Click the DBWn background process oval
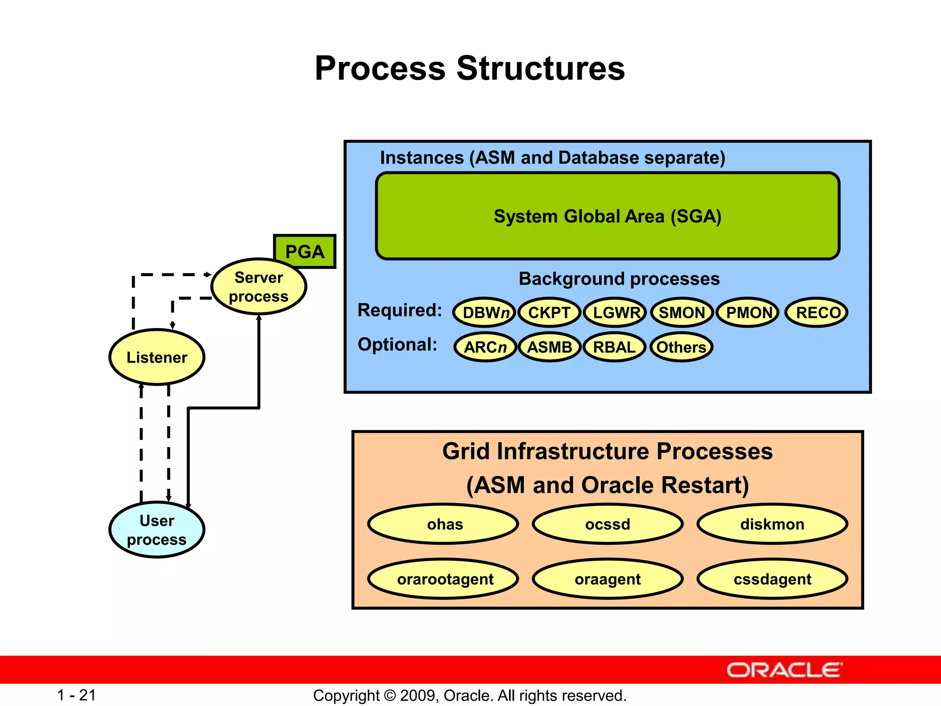484,313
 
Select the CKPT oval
549,313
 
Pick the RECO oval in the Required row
817,313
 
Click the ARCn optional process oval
485,347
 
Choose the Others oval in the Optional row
681,347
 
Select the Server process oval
259,287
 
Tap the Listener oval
157,357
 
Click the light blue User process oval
157,530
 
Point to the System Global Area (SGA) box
607,216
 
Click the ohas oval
444,524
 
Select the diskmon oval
772,524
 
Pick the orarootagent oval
444,579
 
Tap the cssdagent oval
772,579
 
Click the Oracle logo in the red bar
784,670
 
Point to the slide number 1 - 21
76,695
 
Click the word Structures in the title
540,68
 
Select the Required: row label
400,310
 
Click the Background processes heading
619,279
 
